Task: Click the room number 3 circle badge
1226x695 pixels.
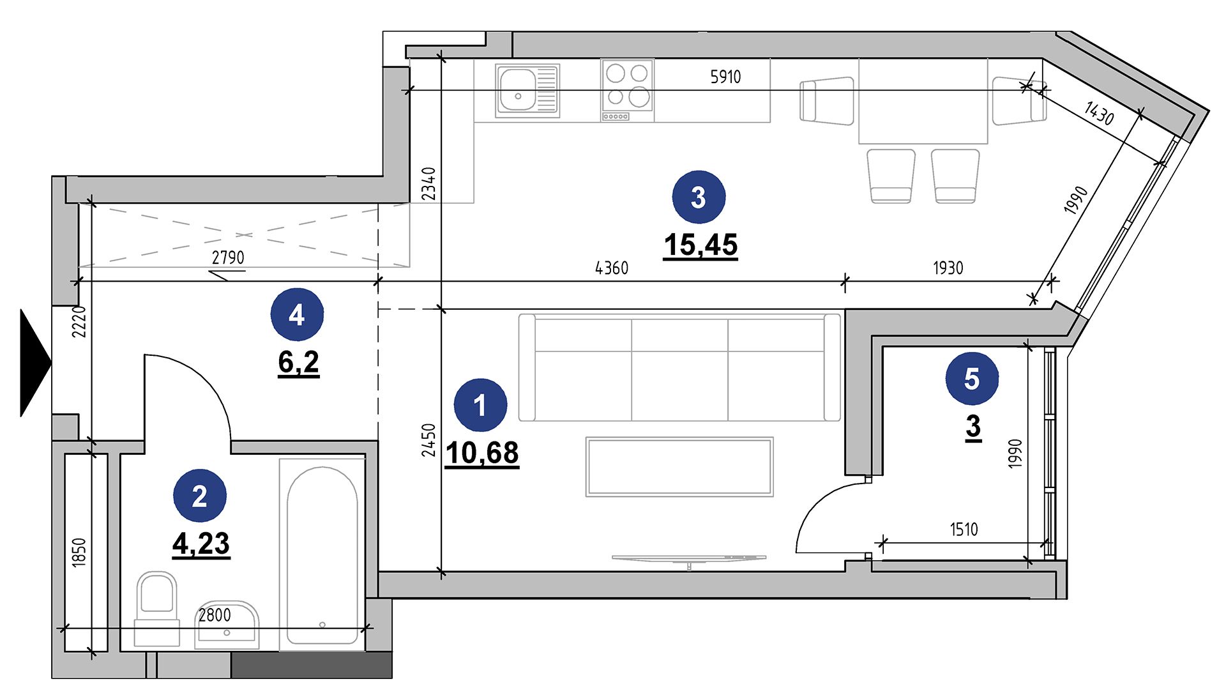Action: (699, 197)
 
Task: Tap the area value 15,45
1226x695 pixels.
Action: (700, 245)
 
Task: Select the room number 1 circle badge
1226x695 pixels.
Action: (480, 405)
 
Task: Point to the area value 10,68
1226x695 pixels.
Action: (481, 454)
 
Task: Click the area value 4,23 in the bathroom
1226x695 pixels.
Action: (201, 544)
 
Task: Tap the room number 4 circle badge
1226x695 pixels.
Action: (297, 315)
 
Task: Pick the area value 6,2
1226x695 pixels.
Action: (298, 363)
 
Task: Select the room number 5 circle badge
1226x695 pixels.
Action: (972, 379)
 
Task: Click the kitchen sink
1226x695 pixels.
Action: (527, 90)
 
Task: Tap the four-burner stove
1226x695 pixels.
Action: (627, 90)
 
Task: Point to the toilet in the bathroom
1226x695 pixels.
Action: (156, 609)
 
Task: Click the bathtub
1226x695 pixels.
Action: (322, 555)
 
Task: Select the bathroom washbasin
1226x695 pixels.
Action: (227, 625)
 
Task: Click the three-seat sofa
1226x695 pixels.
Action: (679, 367)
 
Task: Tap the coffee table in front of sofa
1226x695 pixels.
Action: (679, 467)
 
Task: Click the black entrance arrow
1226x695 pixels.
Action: (36, 363)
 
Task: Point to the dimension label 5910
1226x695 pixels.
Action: (725, 77)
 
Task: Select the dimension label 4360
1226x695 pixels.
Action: (612, 268)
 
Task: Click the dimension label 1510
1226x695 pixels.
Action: (964, 530)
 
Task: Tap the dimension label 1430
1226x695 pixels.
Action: (1099, 113)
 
